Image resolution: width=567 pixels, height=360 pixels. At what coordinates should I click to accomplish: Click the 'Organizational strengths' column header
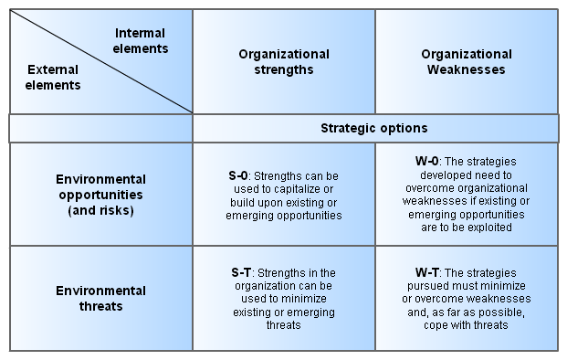point(284,62)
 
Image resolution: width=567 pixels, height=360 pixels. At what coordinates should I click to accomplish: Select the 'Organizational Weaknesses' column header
point(467,62)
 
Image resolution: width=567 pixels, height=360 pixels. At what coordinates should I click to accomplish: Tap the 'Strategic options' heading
point(374,128)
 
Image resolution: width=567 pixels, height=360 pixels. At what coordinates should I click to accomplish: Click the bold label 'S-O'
point(238,175)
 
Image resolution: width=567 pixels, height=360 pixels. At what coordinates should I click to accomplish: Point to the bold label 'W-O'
point(426,161)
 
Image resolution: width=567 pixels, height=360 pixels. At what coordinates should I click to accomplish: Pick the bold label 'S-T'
point(241,272)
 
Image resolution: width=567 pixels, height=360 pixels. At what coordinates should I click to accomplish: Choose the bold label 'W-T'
point(426,272)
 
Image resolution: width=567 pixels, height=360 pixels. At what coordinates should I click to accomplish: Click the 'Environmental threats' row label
point(100,299)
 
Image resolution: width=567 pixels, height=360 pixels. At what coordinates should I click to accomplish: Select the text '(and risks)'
point(100,210)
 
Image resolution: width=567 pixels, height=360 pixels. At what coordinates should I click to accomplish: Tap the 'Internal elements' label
point(141,40)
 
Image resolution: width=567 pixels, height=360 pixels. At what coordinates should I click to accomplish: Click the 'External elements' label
point(53,77)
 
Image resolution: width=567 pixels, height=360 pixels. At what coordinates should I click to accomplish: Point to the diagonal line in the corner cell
point(101,61)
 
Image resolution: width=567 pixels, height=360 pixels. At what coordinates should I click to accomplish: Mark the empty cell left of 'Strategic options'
point(100,129)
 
